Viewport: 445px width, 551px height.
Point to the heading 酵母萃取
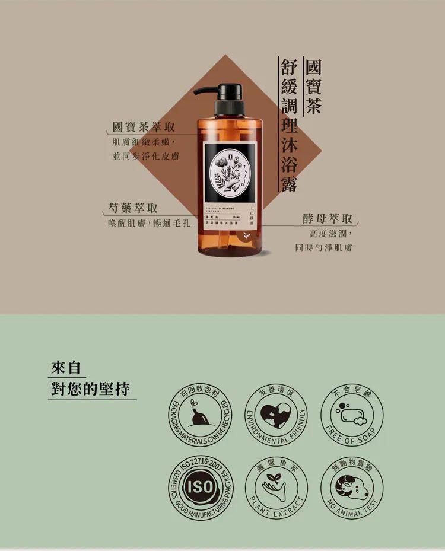328,218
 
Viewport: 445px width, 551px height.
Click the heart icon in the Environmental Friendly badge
276,413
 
